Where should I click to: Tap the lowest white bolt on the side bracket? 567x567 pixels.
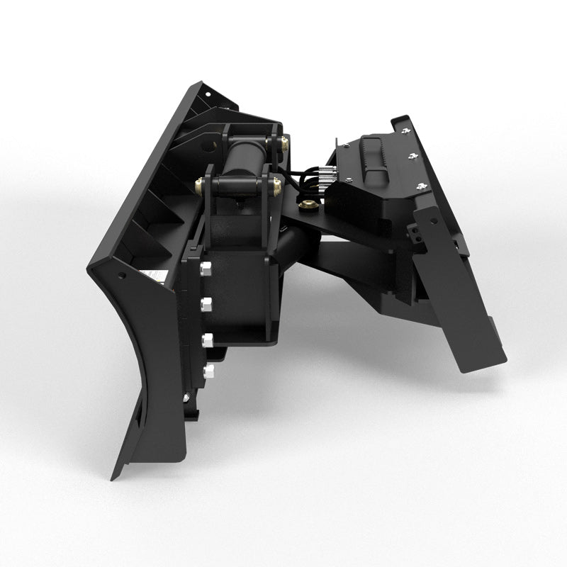pyautogui.click(x=208, y=371)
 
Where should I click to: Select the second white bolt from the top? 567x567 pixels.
pyautogui.click(x=208, y=303)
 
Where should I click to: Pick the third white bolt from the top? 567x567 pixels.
pyautogui.click(x=208, y=339)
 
